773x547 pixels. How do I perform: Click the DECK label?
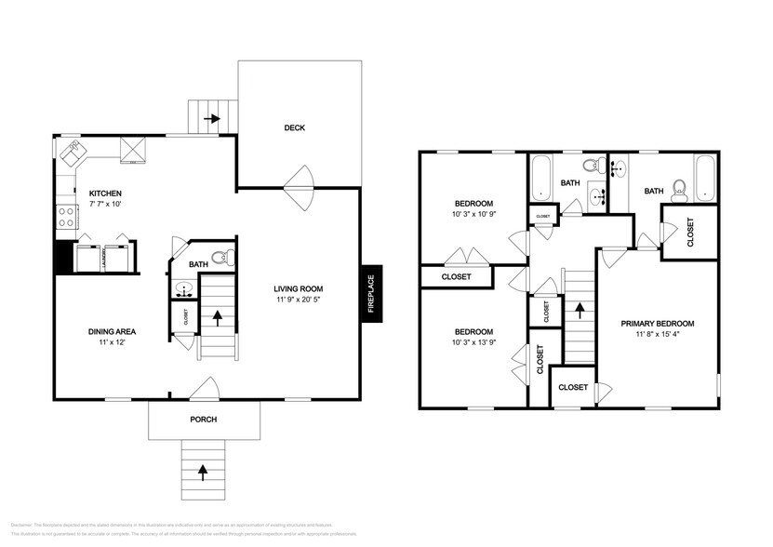294,128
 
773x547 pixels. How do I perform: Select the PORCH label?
203,420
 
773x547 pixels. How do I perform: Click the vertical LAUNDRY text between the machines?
102,257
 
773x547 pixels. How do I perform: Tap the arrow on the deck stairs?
213,118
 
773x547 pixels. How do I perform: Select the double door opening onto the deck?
300,187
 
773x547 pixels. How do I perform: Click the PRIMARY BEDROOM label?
658,324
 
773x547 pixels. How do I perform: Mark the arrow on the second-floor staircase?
579,312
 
